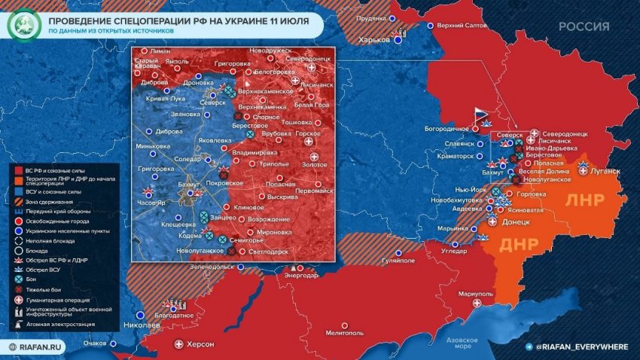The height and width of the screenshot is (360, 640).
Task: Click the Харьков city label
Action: click(373, 39)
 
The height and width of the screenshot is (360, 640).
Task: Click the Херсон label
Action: click(200, 344)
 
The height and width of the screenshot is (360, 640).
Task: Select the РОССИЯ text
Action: click(584, 26)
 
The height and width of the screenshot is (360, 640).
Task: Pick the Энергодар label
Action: click(301, 276)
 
